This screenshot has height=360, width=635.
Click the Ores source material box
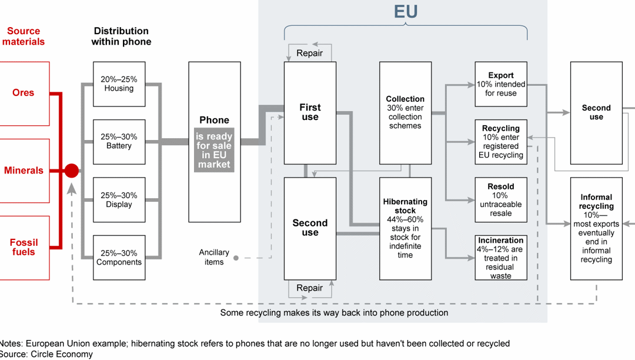click(x=24, y=93)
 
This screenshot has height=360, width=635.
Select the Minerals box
click(x=24, y=171)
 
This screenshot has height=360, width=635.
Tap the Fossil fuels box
click(x=24, y=247)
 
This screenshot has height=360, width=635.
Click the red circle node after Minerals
click(x=71, y=171)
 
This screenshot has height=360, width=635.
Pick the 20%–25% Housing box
click(x=119, y=84)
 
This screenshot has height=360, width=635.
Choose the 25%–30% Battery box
click(x=119, y=142)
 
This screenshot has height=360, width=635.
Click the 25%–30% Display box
click(x=119, y=199)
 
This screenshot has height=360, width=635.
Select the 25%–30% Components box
click(x=119, y=257)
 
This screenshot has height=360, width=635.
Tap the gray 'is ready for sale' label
click(x=214, y=150)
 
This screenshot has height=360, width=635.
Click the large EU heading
click(x=406, y=12)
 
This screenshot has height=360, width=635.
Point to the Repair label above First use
click(x=309, y=53)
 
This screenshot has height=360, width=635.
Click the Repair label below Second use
click(x=309, y=288)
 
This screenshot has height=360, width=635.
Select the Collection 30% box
click(x=405, y=112)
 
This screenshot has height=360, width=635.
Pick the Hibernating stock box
click(x=405, y=228)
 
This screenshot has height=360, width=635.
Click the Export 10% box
click(x=501, y=84)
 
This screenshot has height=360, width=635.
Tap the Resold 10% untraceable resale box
click(x=501, y=199)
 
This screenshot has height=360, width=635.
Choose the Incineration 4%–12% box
click(x=501, y=257)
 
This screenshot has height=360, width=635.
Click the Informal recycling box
click(x=596, y=228)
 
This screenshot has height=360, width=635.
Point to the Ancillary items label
click(x=214, y=257)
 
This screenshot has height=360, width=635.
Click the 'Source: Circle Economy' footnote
click(x=46, y=354)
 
